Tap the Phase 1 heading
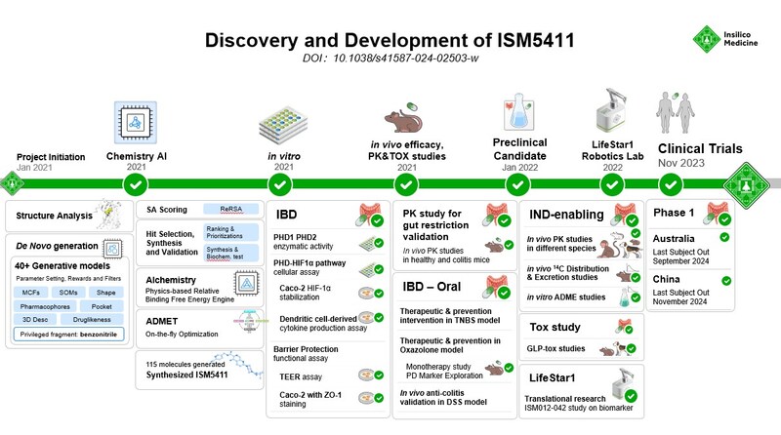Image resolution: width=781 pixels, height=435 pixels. tap(681, 214)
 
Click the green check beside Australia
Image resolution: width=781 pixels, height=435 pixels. tap(724, 236)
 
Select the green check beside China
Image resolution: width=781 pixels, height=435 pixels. tap(724, 280)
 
